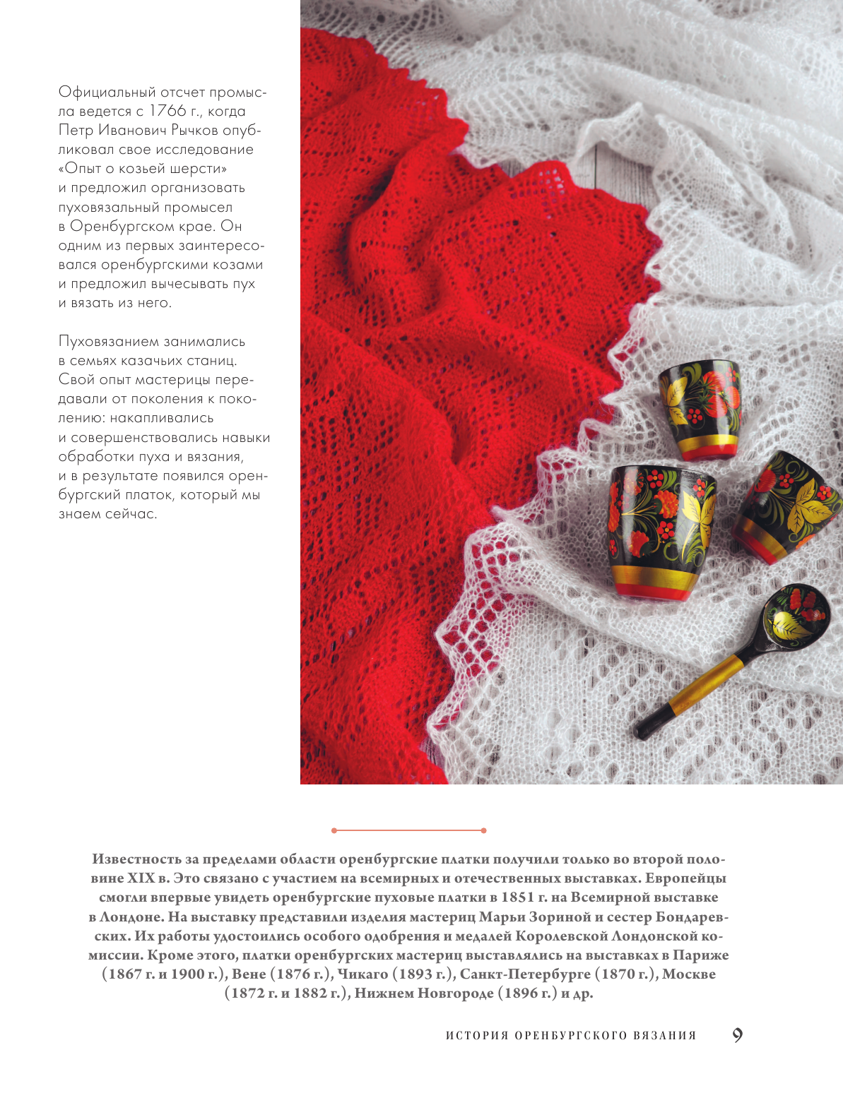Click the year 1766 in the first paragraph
(x=167, y=112)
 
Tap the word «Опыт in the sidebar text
(x=82, y=169)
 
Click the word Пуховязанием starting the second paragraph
(x=109, y=342)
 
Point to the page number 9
(x=737, y=1035)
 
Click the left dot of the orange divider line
(x=334, y=830)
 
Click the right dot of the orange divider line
(x=483, y=830)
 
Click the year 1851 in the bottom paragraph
(x=517, y=897)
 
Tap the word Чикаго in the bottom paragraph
(x=362, y=974)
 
